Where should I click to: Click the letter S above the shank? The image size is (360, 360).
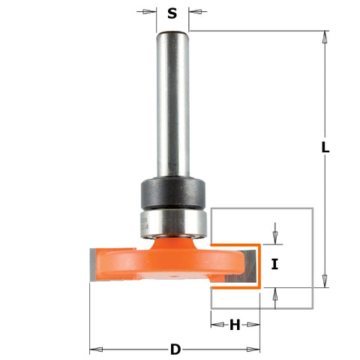(x=172, y=13)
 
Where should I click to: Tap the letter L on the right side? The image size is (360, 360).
(x=325, y=148)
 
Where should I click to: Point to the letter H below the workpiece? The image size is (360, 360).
(x=235, y=325)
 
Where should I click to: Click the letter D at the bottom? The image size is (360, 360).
(x=175, y=349)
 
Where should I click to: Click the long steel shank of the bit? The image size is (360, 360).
(x=172, y=105)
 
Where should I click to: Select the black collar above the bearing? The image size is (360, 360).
(x=172, y=194)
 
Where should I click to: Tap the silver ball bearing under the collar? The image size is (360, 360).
(x=172, y=222)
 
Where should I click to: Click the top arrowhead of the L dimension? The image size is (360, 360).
(x=325, y=35)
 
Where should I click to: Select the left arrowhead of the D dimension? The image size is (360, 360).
(x=94, y=349)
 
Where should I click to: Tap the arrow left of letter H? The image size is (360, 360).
(x=215, y=325)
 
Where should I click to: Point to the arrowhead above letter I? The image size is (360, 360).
(x=275, y=239)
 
